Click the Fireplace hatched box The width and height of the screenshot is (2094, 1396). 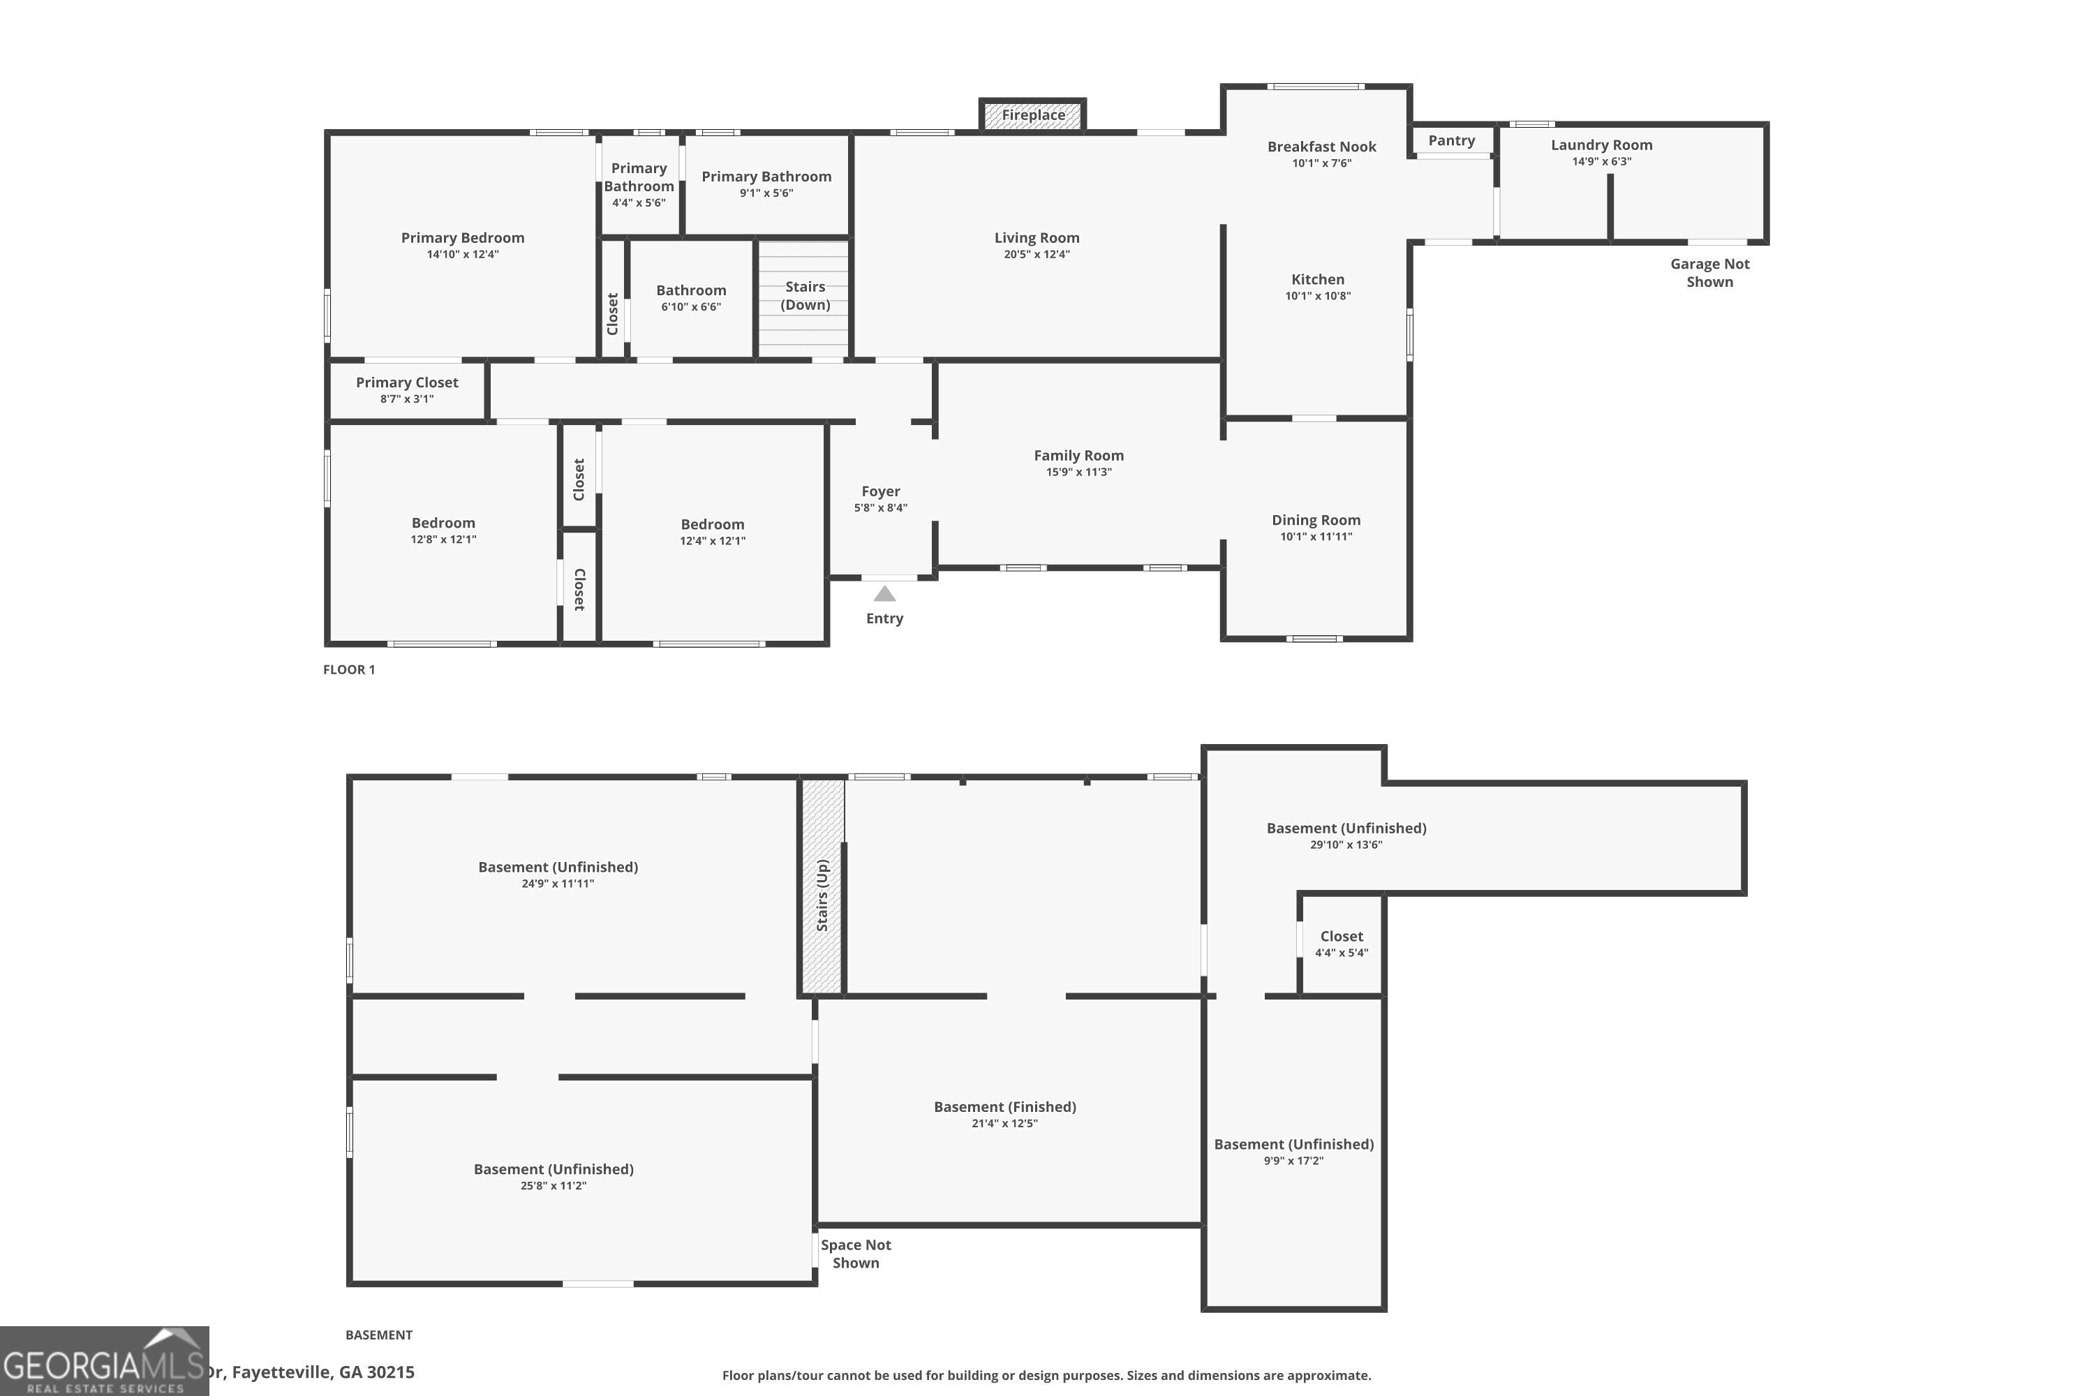[1033, 116]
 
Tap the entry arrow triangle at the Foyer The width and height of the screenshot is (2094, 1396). [884, 594]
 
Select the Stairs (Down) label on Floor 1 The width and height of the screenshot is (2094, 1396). [805, 295]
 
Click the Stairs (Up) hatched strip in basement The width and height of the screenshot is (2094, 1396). [823, 891]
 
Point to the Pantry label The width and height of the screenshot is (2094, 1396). [1451, 141]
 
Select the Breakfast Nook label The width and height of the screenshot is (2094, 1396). [1321, 147]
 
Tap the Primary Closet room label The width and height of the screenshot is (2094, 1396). [407, 383]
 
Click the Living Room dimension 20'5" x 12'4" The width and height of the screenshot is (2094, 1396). [1037, 255]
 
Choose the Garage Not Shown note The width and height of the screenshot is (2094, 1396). [1709, 272]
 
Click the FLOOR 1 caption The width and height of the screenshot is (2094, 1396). [349, 669]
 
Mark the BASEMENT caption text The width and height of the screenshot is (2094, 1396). [378, 1335]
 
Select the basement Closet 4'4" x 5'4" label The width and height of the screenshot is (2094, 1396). [1341, 937]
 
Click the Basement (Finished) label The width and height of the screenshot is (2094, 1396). [1004, 1106]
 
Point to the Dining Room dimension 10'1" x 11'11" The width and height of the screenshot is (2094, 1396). [1316, 537]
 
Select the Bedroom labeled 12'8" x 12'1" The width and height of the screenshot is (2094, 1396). [443, 523]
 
